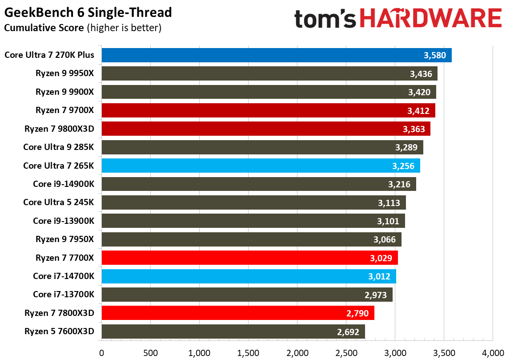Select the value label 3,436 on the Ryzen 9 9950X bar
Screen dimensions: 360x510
(x=421, y=74)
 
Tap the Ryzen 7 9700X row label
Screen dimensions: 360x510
(x=65, y=110)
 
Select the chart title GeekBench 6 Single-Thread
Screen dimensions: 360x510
(x=88, y=12)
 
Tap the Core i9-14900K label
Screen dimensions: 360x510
(x=64, y=184)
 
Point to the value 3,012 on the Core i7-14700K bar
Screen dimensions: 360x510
(x=379, y=276)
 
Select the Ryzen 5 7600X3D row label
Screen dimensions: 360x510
(x=60, y=332)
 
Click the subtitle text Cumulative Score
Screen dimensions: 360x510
(x=44, y=28)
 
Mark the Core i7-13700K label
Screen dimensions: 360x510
(x=64, y=295)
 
